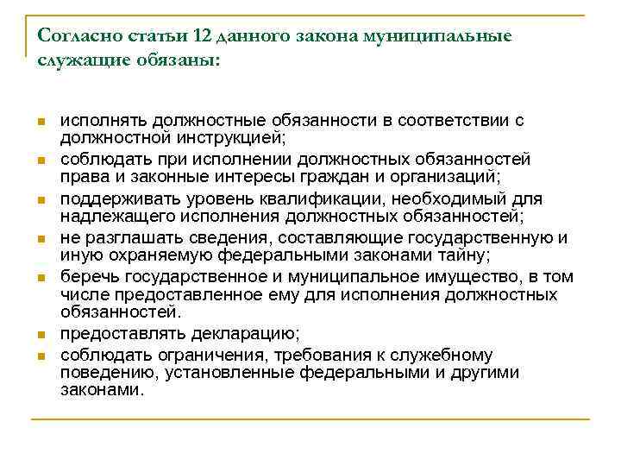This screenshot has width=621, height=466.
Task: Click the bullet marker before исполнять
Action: point(41,122)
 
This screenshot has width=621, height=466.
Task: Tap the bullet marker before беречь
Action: point(41,278)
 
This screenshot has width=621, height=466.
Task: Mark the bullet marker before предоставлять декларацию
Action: point(41,335)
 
